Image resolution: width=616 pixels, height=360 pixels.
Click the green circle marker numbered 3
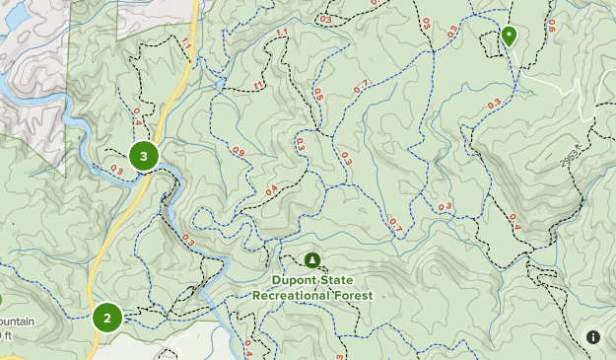(x=144, y=156)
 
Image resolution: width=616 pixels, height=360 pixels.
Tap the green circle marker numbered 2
(x=107, y=318)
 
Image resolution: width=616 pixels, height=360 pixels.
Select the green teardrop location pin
(x=509, y=37)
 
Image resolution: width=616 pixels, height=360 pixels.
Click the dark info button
(x=593, y=337)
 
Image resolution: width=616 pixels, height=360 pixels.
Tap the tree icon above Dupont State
(x=312, y=260)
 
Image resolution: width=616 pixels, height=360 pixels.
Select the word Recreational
(x=293, y=294)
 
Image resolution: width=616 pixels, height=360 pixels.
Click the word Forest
(x=354, y=294)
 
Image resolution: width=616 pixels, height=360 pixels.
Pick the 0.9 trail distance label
(x=239, y=152)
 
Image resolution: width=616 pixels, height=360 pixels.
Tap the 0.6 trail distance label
(x=551, y=26)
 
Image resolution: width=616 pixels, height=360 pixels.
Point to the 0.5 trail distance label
(x=318, y=95)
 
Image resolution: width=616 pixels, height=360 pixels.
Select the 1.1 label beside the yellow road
(x=186, y=42)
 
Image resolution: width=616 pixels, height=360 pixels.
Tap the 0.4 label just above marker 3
(x=137, y=114)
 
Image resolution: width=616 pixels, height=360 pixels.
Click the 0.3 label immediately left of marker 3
(x=116, y=169)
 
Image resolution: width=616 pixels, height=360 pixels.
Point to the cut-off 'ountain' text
(x=16, y=323)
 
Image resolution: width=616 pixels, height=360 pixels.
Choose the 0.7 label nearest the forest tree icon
(x=394, y=226)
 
